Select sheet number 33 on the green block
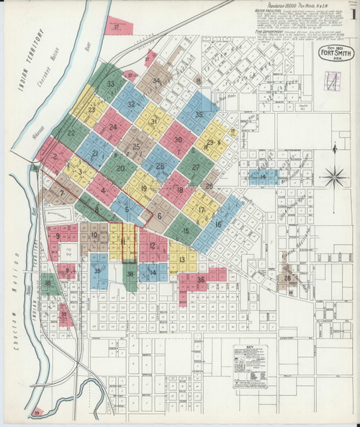coord(110,84)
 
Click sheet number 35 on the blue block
coord(197,115)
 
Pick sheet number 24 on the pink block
coord(114,127)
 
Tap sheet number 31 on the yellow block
coord(154,122)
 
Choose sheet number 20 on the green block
coord(121,168)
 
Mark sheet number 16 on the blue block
coord(217,224)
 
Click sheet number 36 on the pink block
coord(201,279)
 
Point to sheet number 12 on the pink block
coord(152,246)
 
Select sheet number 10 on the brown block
coord(94,235)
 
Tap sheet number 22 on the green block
coord(71,133)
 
